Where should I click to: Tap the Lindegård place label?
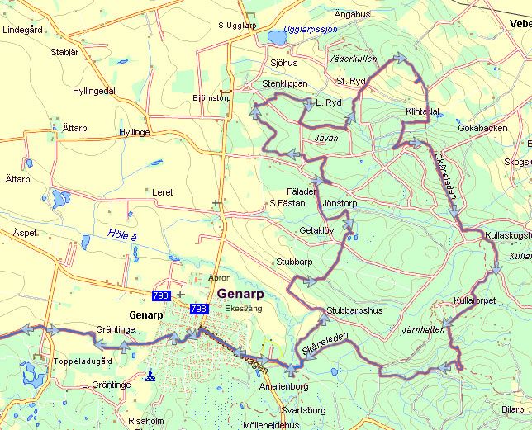click(23, 30)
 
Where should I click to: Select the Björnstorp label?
click(211, 98)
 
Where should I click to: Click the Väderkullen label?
click(353, 60)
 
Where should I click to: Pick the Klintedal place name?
click(422, 111)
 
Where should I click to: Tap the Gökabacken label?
click(482, 129)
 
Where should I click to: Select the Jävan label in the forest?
click(326, 138)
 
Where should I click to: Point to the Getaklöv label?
click(316, 230)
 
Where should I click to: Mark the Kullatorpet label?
click(475, 301)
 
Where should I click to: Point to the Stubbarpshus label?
click(355, 311)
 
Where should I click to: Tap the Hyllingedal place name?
click(94, 91)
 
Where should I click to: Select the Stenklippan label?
click(284, 83)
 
